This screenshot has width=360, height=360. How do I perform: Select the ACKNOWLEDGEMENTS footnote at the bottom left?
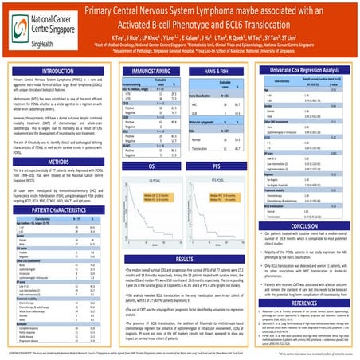click(32, 348)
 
